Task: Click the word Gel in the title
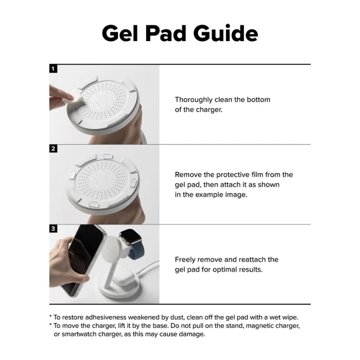(120, 33)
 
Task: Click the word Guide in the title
(226, 33)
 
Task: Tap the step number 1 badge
(53, 69)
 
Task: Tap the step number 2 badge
(53, 148)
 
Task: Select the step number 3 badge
(53, 229)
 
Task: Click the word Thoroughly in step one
(193, 100)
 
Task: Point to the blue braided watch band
(137, 250)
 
